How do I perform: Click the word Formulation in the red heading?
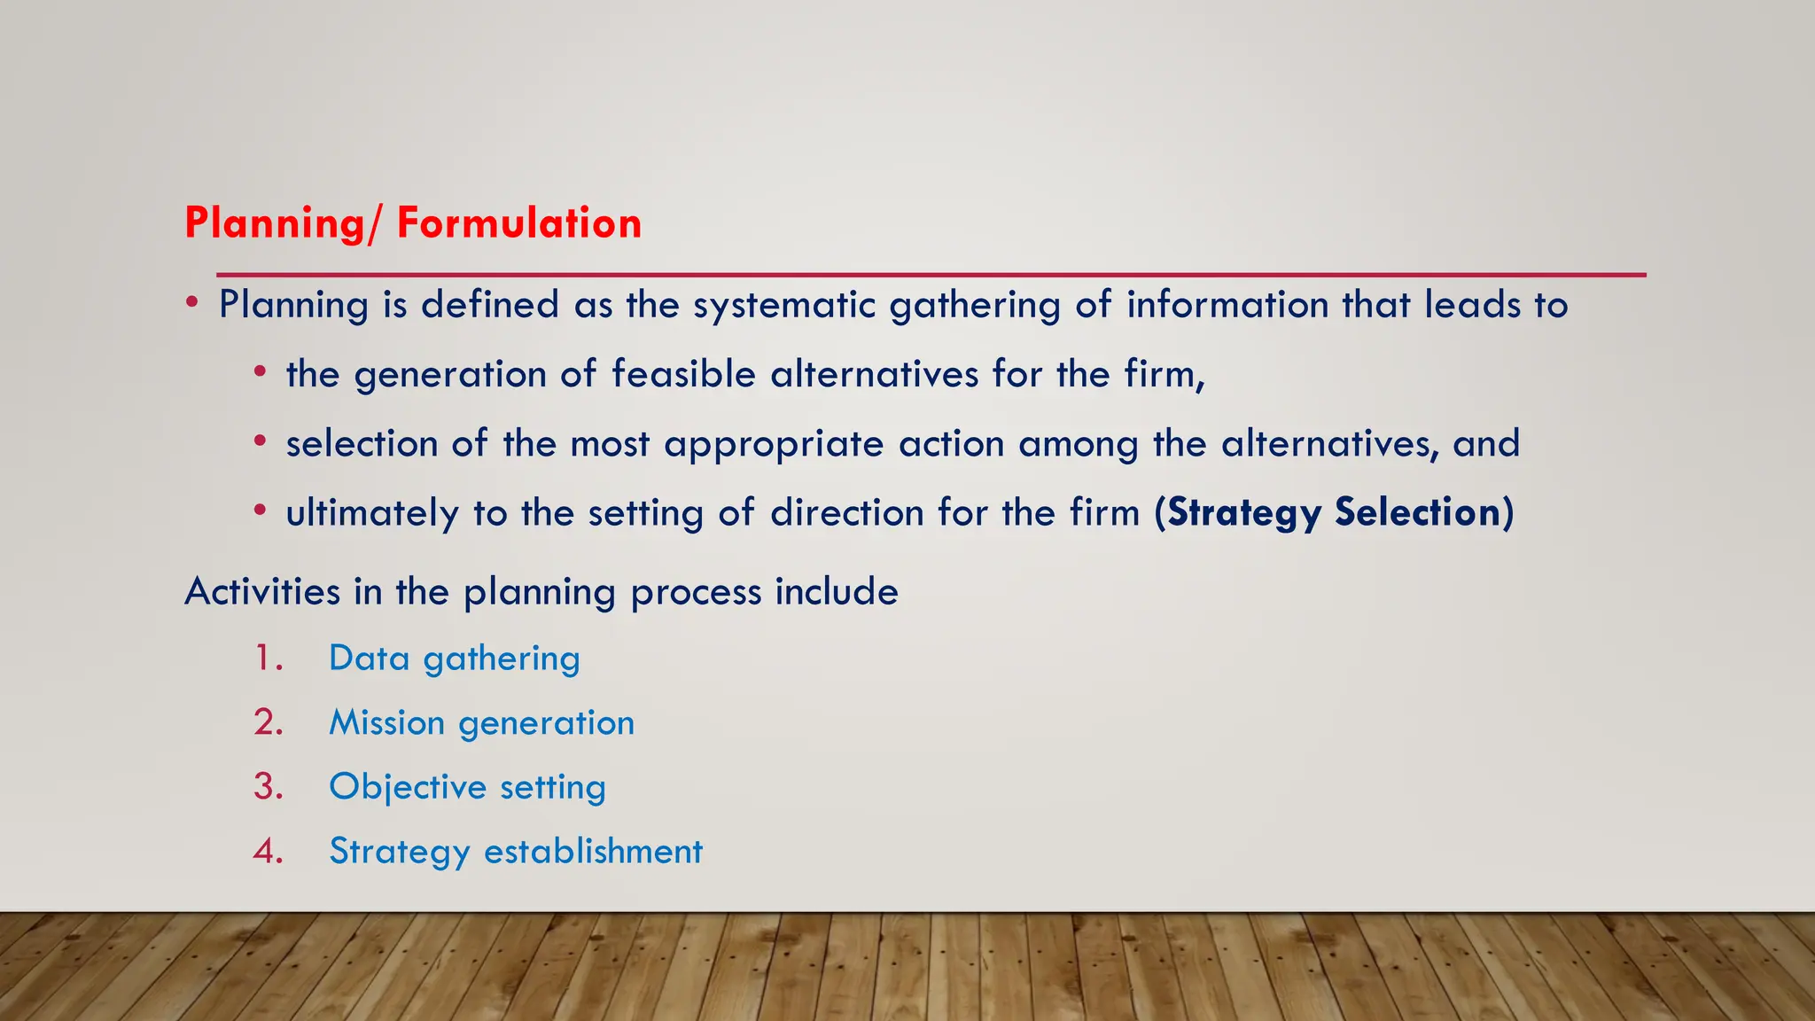(x=518, y=222)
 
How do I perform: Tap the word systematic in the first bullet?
(x=783, y=305)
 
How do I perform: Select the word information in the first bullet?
(x=1227, y=305)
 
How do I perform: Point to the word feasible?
(x=683, y=374)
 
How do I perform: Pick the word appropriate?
(x=774, y=444)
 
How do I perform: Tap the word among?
(x=1079, y=444)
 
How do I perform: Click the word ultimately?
(x=372, y=513)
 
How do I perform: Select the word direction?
(x=847, y=513)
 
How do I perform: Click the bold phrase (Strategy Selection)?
(x=1334, y=513)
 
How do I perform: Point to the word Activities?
(x=262, y=591)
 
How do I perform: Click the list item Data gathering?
(x=454, y=659)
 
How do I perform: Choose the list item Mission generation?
(x=481, y=723)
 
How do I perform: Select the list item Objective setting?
(x=467, y=787)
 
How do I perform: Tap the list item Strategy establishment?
(x=516, y=852)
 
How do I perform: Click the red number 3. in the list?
(x=268, y=787)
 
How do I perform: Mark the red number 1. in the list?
(x=268, y=659)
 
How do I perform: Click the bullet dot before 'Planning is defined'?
(x=192, y=303)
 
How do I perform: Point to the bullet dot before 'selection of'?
(x=259, y=440)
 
